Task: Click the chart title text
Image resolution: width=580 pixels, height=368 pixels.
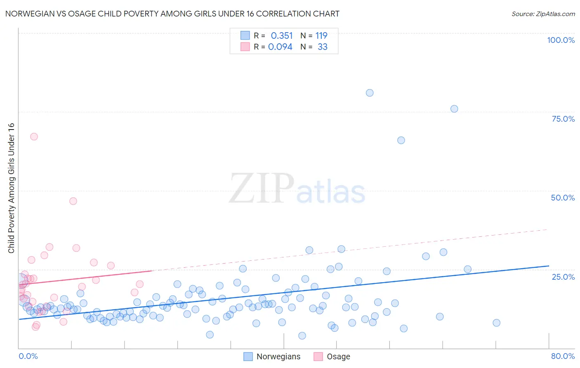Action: pyautogui.click(x=172, y=14)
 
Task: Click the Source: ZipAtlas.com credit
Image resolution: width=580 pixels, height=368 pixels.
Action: pyautogui.click(x=543, y=14)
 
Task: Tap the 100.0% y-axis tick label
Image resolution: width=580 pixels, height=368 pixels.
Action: pyautogui.click(x=561, y=40)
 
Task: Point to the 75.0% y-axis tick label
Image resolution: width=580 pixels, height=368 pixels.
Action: pyautogui.click(x=563, y=119)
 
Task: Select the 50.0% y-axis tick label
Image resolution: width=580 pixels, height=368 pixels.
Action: pyautogui.click(x=563, y=198)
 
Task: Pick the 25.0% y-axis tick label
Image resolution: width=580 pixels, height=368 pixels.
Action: pyautogui.click(x=563, y=276)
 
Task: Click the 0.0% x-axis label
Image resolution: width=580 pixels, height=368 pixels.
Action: pyautogui.click(x=28, y=356)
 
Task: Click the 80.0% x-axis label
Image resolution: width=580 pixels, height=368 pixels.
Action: pyautogui.click(x=563, y=356)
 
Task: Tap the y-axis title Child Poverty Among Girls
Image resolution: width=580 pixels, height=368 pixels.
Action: pyautogui.click(x=11, y=188)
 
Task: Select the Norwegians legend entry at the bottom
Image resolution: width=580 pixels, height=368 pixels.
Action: pyautogui.click(x=278, y=356)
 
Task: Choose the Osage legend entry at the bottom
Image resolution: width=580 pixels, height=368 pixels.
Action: pyautogui.click(x=338, y=356)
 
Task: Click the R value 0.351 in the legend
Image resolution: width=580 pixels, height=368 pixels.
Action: pyautogui.click(x=281, y=36)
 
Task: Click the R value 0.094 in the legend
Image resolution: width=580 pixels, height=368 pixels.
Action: pyautogui.click(x=280, y=47)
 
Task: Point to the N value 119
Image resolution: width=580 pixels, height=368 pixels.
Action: pyautogui.click(x=321, y=36)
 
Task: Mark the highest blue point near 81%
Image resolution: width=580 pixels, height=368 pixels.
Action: pyautogui.click(x=370, y=93)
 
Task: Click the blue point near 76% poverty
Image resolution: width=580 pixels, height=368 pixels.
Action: pyautogui.click(x=454, y=109)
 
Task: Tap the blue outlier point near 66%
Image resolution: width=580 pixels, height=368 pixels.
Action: pyautogui.click(x=401, y=140)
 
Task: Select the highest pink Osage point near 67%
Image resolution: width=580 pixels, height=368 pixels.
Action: pyautogui.click(x=34, y=137)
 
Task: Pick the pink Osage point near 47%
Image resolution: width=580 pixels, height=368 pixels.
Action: pyautogui.click(x=73, y=201)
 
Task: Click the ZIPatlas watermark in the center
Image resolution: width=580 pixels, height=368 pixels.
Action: pyautogui.click(x=297, y=189)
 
